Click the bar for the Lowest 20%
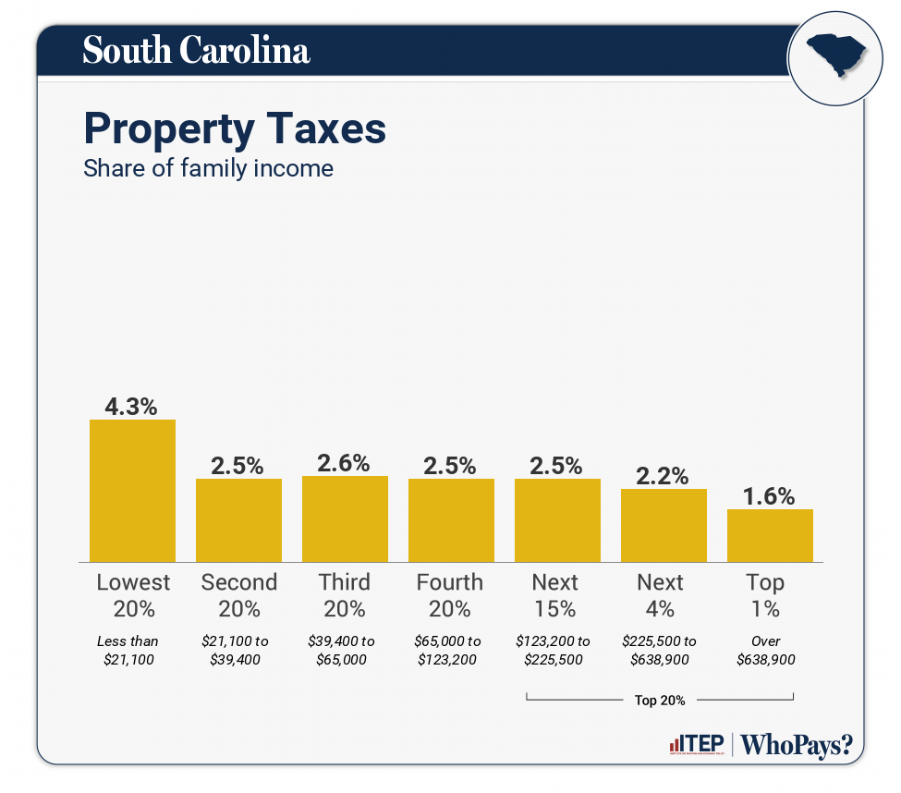coord(132,491)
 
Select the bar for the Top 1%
coord(770,535)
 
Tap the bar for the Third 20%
coord(345,518)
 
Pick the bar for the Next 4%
coord(664,525)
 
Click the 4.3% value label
coord(132,405)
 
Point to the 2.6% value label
coord(345,462)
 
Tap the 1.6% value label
coord(770,495)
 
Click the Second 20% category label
coord(238,595)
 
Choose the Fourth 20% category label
coord(450,595)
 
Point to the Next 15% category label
coord(555,595)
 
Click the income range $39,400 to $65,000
coord(345,651)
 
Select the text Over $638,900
coord(766,651)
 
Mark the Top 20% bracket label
coord(660,701)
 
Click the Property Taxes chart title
coord(235,128)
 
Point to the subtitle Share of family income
coord(208,168)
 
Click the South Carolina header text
coord(196,50)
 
